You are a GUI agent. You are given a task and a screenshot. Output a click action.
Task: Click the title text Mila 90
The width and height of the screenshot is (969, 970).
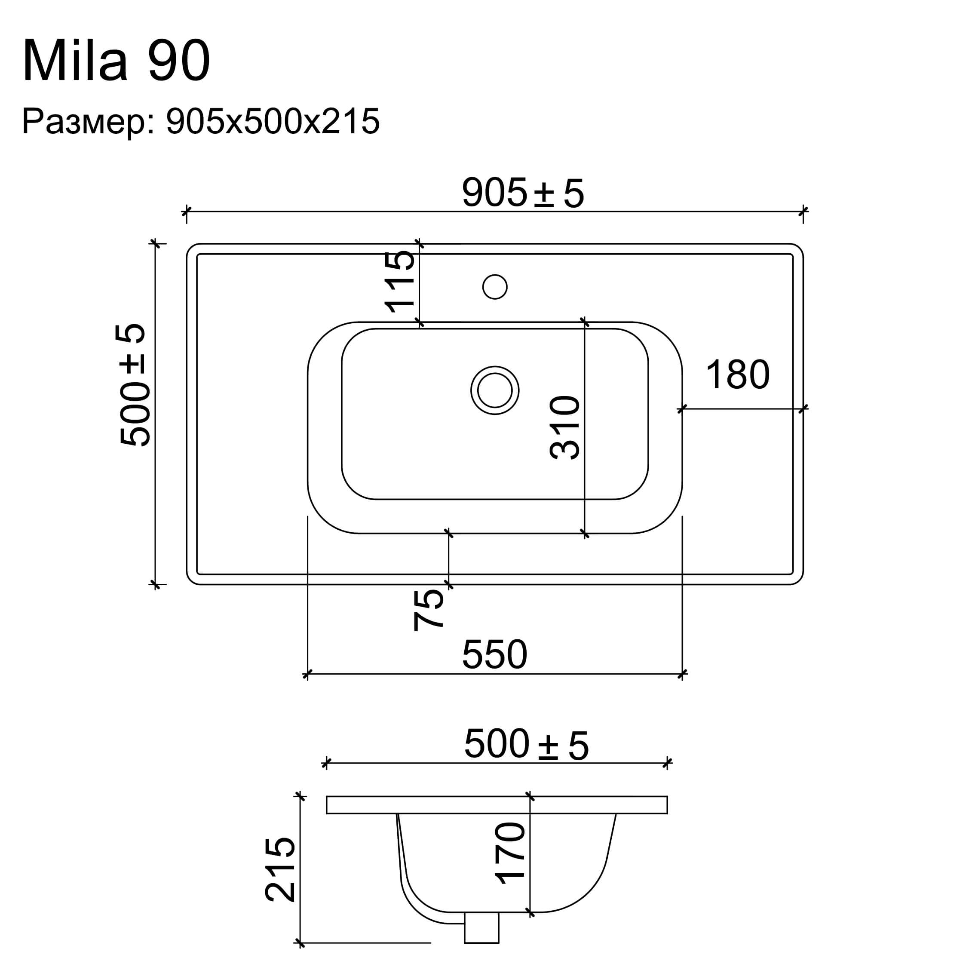click(x=116, y=61)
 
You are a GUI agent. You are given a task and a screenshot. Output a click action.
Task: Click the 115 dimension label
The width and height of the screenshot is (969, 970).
click(x=400, y=282)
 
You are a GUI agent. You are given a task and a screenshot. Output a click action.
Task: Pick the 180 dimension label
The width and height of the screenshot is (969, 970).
click(x=738, y=374)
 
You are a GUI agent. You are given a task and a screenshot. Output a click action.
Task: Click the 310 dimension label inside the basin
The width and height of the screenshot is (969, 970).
click(x=565, y=428)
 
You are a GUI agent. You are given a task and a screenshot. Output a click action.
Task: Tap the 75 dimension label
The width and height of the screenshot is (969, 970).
click(x=428, y=610)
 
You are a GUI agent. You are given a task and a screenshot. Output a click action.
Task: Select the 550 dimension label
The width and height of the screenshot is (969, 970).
click(x=494, y=655)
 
